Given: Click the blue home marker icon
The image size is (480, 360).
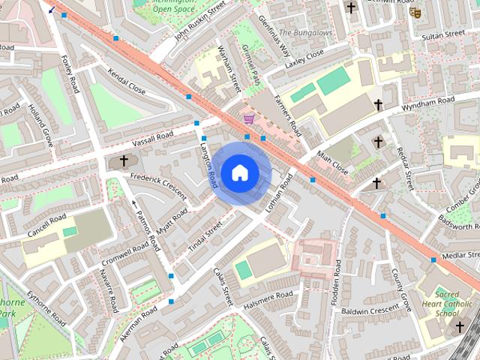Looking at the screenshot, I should (x=239, y=173).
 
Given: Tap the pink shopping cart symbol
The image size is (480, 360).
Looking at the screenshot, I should (x=248, y=118).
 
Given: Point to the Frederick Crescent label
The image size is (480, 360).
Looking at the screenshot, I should (x=157, y=184).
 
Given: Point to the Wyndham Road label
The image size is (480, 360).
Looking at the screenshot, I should (x=427, y=103).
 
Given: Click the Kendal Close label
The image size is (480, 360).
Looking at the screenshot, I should (x=125, y=88).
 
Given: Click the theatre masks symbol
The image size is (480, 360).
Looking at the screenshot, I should (x=417, y=13).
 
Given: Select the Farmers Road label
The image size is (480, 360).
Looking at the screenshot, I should (x=287, y=112).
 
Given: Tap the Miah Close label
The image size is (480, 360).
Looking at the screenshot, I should (x=332, y=160).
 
